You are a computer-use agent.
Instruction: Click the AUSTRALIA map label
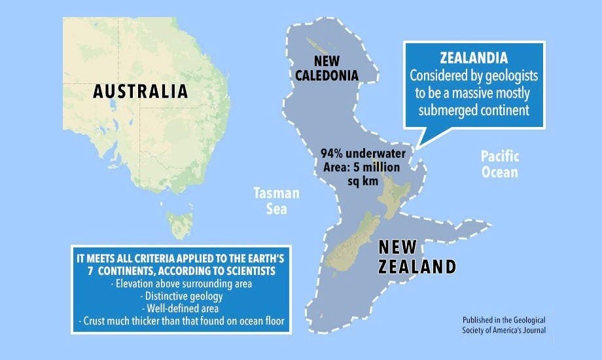tap(140, 91)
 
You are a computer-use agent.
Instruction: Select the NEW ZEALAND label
tap(417, 257)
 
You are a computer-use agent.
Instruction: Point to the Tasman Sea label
tap(277, 201)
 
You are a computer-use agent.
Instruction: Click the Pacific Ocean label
tap(499, 164)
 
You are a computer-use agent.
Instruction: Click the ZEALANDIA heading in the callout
tap(474, 58)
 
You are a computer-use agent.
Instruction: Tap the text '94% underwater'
tap(363, 153)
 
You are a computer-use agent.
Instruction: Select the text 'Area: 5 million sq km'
tap(363, 173)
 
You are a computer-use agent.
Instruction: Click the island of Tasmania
tap(177, 223)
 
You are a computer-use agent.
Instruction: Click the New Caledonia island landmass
tap(320, 46)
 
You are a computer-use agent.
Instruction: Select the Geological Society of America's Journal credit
tap(503, 325)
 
